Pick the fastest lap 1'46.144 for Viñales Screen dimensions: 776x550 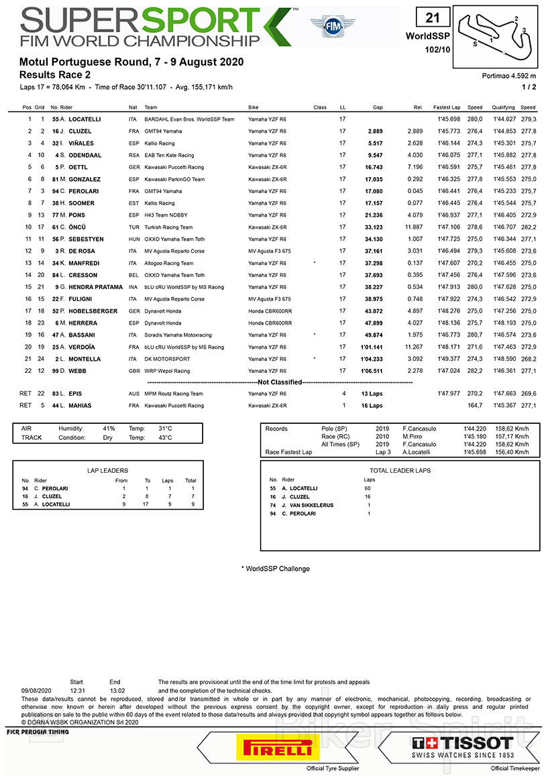(446, 143)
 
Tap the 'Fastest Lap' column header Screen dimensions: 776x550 (446, 107)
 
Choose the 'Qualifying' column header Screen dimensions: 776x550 (503, 107)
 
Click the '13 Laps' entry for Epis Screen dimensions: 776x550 (372, 394)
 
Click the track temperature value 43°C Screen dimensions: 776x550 (165, 437)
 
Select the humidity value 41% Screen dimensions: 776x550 (109, 428)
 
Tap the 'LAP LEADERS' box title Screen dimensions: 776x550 (108, 471)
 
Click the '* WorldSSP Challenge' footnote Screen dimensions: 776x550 (276, 569)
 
